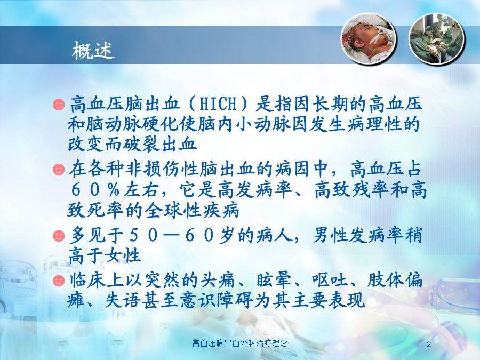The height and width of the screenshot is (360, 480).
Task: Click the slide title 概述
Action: tap(93, 50)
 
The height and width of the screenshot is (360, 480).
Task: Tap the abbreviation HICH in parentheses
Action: tap(218, 103)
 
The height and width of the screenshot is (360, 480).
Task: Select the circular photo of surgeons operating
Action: tap(437, 39)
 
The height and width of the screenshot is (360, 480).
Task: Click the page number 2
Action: tap(429, 345)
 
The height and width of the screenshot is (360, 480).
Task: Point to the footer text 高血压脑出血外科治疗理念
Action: tap(240, 343)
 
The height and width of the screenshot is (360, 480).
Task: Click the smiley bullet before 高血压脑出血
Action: tap(59, 104)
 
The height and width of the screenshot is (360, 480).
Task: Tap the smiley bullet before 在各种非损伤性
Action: tap(59, 169)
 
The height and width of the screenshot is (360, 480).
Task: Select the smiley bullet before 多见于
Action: tap(59, 236)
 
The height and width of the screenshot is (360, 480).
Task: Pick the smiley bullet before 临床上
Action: tap(59, 281)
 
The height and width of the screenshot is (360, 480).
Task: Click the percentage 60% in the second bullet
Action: tap(95, 190)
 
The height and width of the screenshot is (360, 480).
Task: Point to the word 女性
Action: tap(123, 255)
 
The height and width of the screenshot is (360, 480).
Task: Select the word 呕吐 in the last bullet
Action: tap(330, 280)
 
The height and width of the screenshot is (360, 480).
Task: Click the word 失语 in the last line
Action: tap(123, 300)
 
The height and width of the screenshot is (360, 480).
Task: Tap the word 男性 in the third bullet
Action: tap(331, 235)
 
